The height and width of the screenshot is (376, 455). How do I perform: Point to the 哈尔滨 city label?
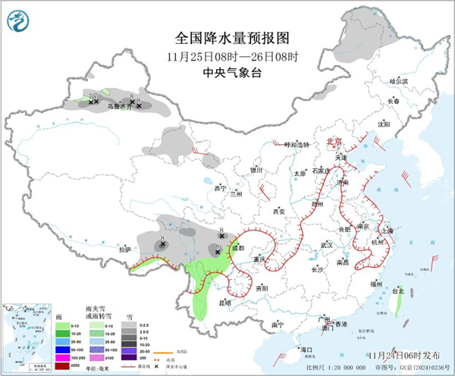tap(398, 81)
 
